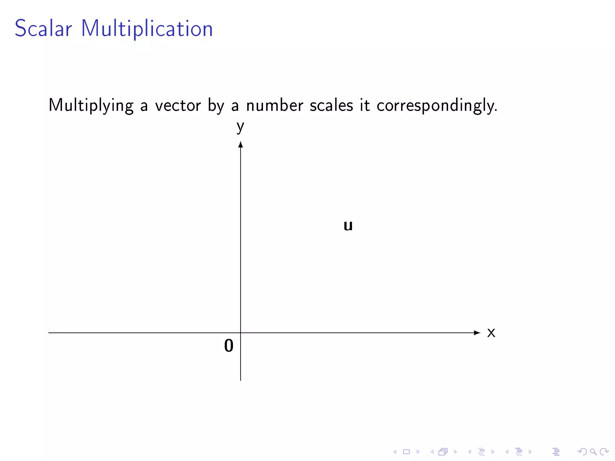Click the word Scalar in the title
click(x=43, y=29)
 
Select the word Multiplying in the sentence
click(x=91, y=106)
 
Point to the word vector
click(x=178, y=106)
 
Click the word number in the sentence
click(x=274, y=106)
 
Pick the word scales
click(x=331, y=106)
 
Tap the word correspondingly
click(x=437, y=106)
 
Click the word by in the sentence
click(x=216, y=106)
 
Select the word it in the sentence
click(x=365, y=106)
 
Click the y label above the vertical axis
click(x=240, y=126)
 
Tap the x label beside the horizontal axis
click(x=491, y=333)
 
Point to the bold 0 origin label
click(x=229, y=345)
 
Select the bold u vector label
click(x=348, y=225)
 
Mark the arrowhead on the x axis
click(x=477, y=333)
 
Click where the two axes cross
click(x=241, y=333)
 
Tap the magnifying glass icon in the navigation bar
click(x=593, y=452)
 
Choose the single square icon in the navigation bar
click(x=406, y=452)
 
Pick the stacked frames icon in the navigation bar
click(x=443, y=452)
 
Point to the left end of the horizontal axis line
click(x=49, y=333)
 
